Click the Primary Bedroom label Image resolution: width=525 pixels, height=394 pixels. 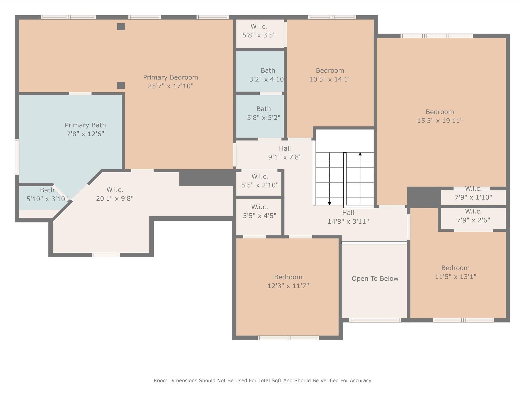tap(170, 77)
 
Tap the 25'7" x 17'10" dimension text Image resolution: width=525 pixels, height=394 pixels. tap(170, 86)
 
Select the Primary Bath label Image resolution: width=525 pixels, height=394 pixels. tap(85, 125)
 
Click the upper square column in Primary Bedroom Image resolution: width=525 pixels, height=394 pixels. tap(121, 27)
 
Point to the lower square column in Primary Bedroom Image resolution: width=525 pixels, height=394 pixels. tap(121, 85)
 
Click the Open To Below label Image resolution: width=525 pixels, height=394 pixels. tap(375, 279)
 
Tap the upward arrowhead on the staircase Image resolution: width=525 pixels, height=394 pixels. tap(360, 154)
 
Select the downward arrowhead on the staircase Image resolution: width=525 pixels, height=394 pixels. tap(330, 203)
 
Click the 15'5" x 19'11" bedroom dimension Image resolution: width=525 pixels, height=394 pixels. tap(440, 121)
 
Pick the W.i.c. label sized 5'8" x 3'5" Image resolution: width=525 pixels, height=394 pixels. tap(259, 26)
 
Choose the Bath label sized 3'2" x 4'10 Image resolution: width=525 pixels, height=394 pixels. tap(268, 71)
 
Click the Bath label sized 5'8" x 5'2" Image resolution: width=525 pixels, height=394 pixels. tap(264, 109)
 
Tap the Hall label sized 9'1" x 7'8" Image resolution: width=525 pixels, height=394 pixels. tap(285, 149)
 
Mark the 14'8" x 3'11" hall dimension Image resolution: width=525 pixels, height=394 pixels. tap(348, 221)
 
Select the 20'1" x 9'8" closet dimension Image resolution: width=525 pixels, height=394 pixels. tap(115, 199)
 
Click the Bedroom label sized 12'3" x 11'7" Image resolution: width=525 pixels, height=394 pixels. tap(288, 277)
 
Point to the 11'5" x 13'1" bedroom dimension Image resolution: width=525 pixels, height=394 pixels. tap(456, 277)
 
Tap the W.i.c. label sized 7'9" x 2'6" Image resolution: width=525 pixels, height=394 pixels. tap(473, 212)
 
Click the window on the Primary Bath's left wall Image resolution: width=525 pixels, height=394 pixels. tap(17, 157)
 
